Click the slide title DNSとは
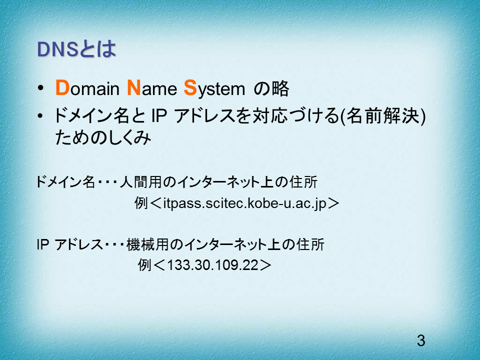(76, 49)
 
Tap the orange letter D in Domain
(63, 88)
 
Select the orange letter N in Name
(134, 88)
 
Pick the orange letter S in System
(190, 88)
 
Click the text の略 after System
(271, 88)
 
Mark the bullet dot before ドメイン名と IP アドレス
(40, 116)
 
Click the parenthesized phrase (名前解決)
(383, 116)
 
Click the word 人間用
(140, 182)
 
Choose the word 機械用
(147, 244)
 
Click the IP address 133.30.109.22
(213, 265)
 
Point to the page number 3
(421, 340)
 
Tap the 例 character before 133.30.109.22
(144, 265)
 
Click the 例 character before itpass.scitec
(141, 203)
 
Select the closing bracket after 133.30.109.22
(265, 265)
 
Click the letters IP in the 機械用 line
(43, 244)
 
